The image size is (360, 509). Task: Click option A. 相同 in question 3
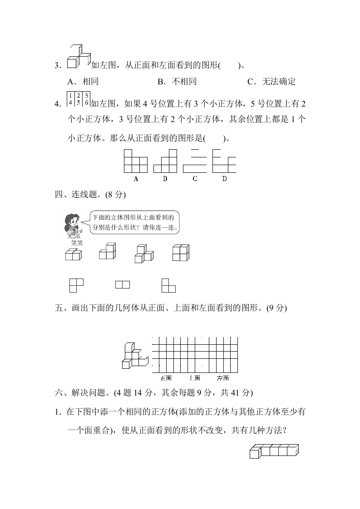[x=83, y=82]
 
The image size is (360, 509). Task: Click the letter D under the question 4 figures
[x=224, y=179]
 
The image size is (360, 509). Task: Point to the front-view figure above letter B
[x=165, y=162]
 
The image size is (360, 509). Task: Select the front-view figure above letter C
[x=195, y=161]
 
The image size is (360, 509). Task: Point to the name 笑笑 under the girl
[x=77, y=243]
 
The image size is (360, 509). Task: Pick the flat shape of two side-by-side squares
[x=123, y=285]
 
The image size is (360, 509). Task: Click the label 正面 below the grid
[x=166, y=378]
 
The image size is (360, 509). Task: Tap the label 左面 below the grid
[x=222, y=378]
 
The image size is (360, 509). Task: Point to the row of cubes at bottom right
[x=275, y=451]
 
